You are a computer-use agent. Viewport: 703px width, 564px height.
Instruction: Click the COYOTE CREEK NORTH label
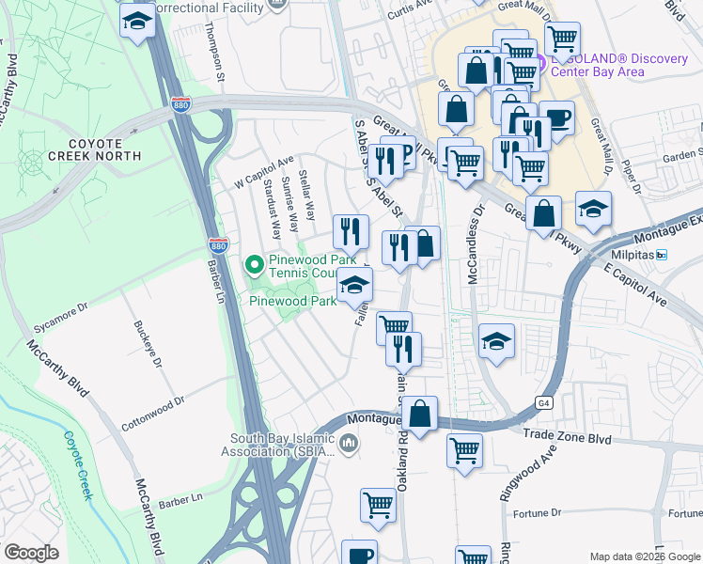(x=95, y=147)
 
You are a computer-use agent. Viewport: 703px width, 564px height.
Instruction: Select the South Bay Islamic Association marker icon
(x=349, y=443)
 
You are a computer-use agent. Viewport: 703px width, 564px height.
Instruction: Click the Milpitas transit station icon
(x=662, y=256)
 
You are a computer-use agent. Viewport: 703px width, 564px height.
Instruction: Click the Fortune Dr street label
(x=537, y=513)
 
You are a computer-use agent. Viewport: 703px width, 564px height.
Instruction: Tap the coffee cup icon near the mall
(x=556, y=118)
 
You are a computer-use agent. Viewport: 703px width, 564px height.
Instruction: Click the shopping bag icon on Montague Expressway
(x=422, y=413)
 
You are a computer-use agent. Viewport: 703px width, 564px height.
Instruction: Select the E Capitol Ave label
(x=641, y=284)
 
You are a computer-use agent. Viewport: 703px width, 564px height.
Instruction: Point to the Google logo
(x=32, y=553)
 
